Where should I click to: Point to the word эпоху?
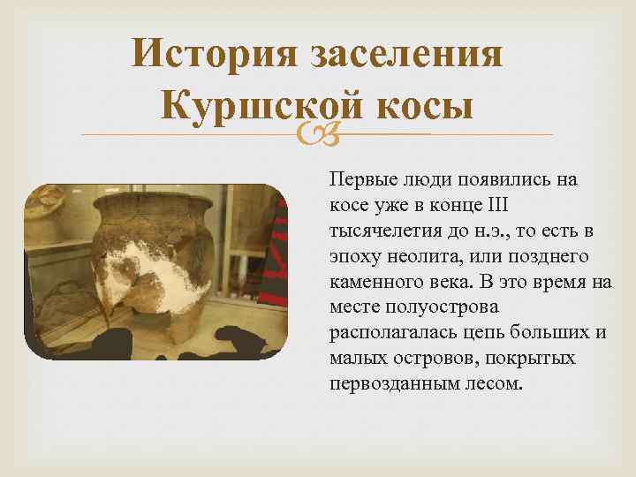[353, 257]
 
